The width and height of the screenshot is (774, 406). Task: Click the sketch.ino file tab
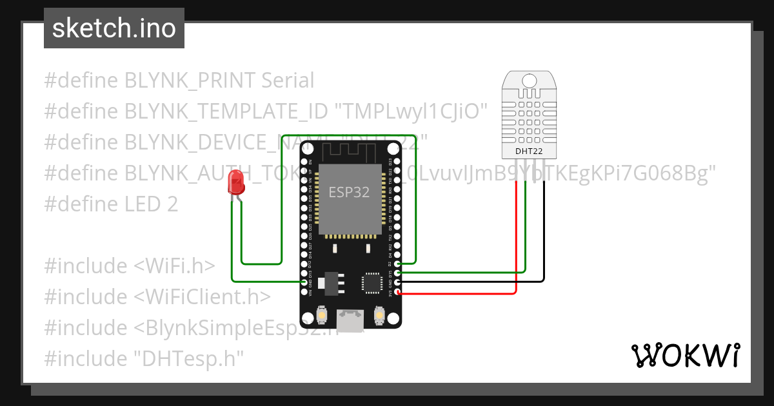pos(114,28)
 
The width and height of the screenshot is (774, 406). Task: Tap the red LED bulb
pos(237,184)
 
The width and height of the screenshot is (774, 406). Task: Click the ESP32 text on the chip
pos(348,192)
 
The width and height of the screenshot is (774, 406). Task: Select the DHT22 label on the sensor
pos(528,151)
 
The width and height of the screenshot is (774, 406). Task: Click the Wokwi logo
pos(685,355)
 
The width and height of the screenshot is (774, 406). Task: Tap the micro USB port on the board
pos(350,320)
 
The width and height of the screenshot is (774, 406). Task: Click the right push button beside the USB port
pos(379,316)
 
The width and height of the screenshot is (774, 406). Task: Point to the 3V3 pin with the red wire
pos(397,292)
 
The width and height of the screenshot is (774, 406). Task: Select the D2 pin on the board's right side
pos(397,264)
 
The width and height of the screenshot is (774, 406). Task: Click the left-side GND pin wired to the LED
pos(304,282)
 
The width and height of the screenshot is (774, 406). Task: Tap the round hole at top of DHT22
pos(529,81)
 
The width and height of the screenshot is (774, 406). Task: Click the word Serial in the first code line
pos(288,81)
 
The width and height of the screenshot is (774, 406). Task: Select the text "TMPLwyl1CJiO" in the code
pos(410,111)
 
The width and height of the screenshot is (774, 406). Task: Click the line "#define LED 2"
pos(111,204)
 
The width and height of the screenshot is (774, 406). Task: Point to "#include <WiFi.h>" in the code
pos(130,266)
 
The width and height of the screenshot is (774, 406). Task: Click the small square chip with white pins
pos(373,282)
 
